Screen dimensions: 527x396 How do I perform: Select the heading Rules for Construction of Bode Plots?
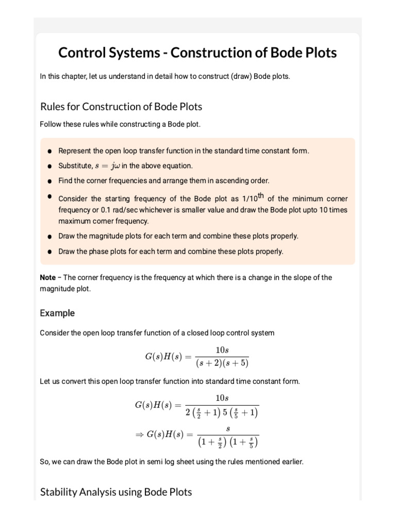pyautogui.click(x=121, y=107)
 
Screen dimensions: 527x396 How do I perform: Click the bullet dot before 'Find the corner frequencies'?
pyautogui.click(x=49, y=181)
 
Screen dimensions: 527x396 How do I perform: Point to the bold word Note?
pyautogui.click(x=47, y=277)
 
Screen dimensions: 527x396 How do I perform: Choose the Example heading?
pyautogui.click(x=57, y=313)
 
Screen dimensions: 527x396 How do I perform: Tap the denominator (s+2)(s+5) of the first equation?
pyautogui.click(x=222, y=363)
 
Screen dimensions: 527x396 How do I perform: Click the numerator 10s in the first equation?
pyautogui.click(x=222, y=350)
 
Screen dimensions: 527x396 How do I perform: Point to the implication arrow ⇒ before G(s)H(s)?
pyautogui.click(x=138, y=434)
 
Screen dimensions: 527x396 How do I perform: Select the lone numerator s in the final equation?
pyautogui.click(x=228, y=428)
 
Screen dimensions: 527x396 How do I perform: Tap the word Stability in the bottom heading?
pyautogui.click(x=58, y=492)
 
